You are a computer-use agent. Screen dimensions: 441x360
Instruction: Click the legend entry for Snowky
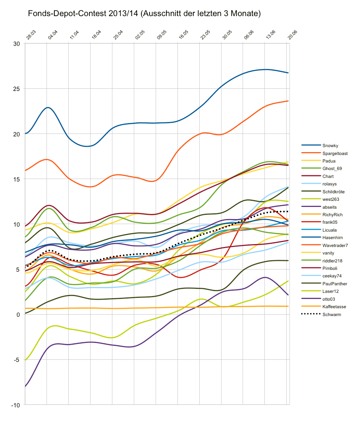[x=330, y=146]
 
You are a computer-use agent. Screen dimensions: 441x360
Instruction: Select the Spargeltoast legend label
[x=335, y=154]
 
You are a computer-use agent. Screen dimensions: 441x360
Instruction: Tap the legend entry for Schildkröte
[x=333, y=192]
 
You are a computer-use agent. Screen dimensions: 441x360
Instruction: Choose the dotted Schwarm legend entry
[x=331, y=315]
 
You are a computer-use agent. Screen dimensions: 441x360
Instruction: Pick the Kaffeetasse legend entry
[x=334, y=307]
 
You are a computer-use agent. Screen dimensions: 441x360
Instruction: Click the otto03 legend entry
[x=329, y=299]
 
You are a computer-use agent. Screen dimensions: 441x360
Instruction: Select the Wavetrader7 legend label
[x=335, y=246]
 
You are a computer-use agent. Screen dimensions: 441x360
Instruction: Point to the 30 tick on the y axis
[x=17, y=44]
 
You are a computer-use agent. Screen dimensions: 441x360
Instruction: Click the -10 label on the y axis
[x=16, y=405]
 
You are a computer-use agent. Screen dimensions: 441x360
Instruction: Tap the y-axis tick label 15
[x=17, y=179]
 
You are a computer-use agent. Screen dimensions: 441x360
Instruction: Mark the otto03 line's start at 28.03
[x=25, y=387]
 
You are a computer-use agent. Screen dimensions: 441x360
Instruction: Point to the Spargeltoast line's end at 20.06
[x=288, y=101]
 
